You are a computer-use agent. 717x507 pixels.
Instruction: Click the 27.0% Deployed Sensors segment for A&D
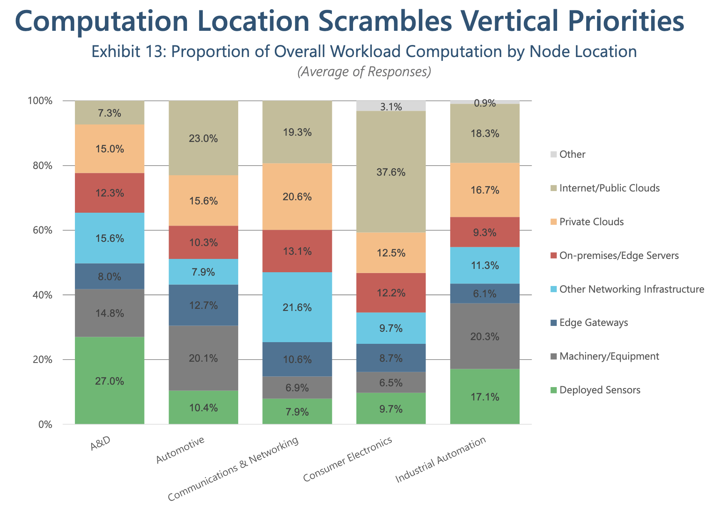(110, 380)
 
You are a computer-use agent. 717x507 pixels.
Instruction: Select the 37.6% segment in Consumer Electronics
(391, 171)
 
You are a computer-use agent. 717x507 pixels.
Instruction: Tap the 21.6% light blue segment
(297, 307)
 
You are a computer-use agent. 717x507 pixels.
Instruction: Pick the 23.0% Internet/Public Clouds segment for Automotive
(203, 138)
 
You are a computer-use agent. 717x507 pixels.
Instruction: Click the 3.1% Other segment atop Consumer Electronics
(391, 106)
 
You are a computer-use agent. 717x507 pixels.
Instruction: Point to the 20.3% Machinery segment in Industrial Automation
(485, 336)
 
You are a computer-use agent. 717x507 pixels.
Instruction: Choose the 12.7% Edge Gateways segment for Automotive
(203, 305)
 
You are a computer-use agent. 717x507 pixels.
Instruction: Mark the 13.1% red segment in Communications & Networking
(297, 251)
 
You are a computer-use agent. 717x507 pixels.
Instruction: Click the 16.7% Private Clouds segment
(485, 190)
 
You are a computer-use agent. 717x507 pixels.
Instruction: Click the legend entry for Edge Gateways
(593, 323)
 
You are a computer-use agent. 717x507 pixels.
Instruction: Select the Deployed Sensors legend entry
(600, 390)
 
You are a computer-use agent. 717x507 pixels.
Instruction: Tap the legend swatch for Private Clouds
(553, 222)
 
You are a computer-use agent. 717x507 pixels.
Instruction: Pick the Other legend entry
(572, 154)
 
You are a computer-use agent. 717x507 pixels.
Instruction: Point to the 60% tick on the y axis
(40, 231)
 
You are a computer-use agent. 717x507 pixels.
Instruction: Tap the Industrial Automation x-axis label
(441, 460)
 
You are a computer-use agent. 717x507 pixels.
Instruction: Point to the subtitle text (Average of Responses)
(364, 72)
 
